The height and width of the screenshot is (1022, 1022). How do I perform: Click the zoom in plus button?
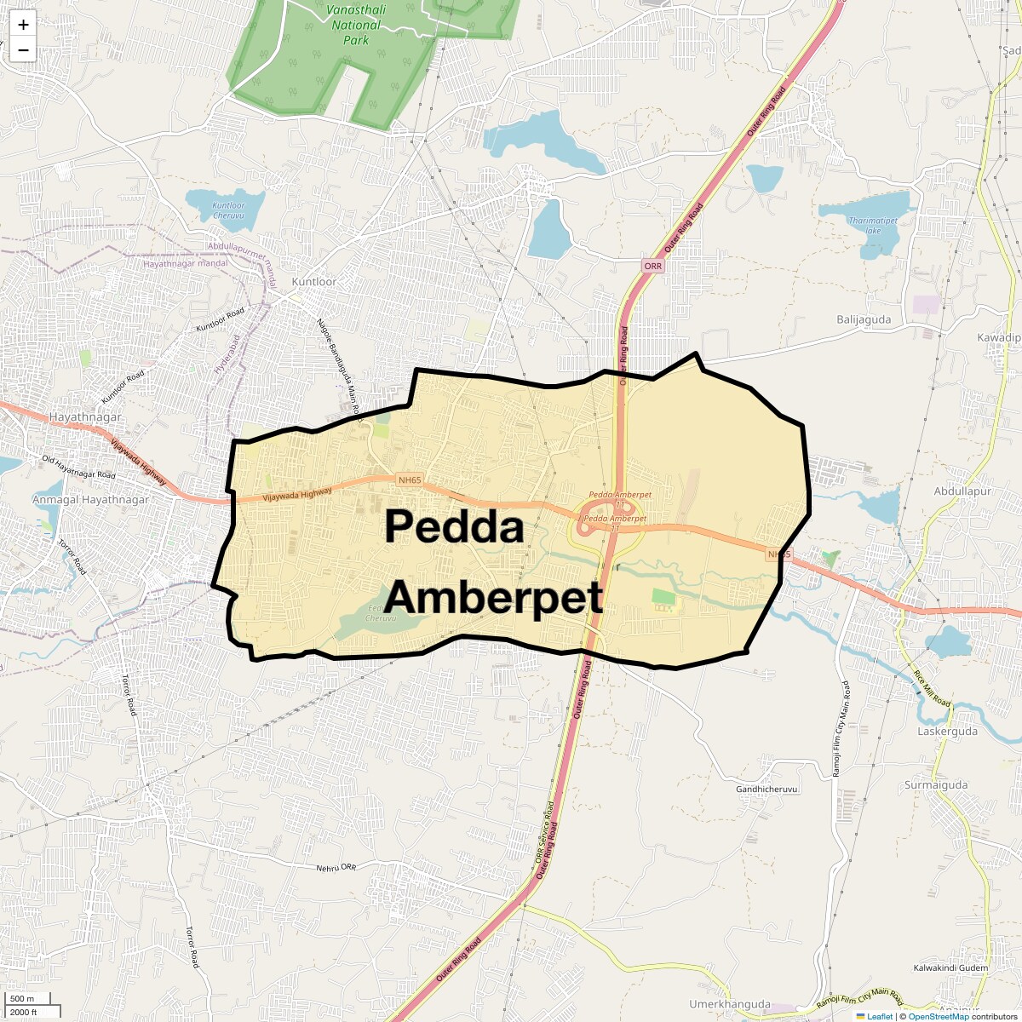pyautogui.click(x=23, y=25)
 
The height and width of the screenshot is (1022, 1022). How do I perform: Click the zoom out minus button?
pyautogui.click(x=23, y=50)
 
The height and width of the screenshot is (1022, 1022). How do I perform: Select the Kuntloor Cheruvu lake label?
pyautogui.click(x=229, y=211)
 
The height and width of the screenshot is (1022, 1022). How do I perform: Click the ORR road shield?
pyautogui.click(x=653, y=267)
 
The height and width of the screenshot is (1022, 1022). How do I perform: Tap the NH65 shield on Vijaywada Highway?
pyautogui.click(x=409, y=480)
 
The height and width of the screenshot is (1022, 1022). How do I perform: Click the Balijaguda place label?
pyautogui.click(x=864, y=320)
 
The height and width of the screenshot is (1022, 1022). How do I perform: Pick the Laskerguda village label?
pyautogui.click(x=948, y=731)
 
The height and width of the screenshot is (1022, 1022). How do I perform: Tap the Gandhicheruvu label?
pyautogui.click(x=766, y=789)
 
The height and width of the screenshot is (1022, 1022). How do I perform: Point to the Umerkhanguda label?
pyautogui.click(x=730, y=1004)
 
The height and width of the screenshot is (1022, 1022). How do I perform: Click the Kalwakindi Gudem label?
pyautogui.click(x=950, y=968)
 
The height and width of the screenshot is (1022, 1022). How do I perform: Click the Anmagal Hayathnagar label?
pyautogui.click(x=90, y=500)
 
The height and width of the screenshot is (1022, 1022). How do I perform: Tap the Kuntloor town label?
pyautogui.click(x=314, y=282)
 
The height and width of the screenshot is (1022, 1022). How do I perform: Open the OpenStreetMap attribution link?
pyautogui.click(x=938, y=1016)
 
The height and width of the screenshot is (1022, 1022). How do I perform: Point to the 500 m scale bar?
pyautogui.click(x=25, y=998)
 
